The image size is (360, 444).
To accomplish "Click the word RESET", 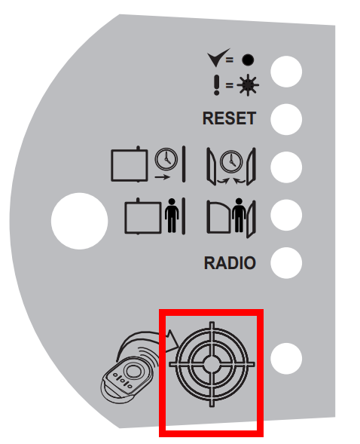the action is coord(229,118).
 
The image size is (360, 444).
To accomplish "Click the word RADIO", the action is coord(230,263).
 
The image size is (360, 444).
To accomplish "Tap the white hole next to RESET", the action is coord(286,119).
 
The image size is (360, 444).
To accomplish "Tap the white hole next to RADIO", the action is coord(286,263).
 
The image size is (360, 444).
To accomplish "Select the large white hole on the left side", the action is coord(80,221).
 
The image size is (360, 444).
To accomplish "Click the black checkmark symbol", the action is coord(218,57).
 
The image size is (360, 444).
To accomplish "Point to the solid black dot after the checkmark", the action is coord(248,60).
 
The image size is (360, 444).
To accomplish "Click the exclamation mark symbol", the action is coord(216,85).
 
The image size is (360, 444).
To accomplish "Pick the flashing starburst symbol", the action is coord(248,85).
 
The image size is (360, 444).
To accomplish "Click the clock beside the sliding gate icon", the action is coord(166,159).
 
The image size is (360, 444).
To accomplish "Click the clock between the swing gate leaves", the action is coord(231,161).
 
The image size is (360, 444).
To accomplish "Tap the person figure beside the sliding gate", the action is coord(172,215).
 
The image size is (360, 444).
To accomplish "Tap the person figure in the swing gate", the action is coord(239,215).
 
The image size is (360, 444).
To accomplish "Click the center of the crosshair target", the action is coord(212,364).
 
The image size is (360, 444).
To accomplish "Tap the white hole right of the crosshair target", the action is coord(286,359).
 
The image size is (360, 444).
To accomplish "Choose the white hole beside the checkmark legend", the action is coord(286,72).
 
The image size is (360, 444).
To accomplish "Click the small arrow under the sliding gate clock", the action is coord(163,177).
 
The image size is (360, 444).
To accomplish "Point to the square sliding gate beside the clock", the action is coord(130,164).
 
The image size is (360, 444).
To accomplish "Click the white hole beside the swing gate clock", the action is coord(286,167).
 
